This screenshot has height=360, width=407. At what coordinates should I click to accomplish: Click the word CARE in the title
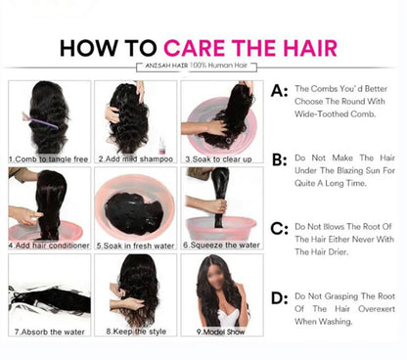click(195, 48)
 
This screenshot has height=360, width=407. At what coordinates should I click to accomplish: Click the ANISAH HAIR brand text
click(166, 66)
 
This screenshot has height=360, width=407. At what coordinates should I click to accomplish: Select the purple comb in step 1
click(40, 120)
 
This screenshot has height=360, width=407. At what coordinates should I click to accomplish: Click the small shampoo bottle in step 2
click(161, 146)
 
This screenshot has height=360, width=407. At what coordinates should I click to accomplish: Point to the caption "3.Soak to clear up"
click(218, 159)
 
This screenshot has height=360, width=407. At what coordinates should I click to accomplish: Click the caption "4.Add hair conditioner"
click(49, 246)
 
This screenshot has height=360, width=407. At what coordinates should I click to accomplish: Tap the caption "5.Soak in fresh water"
click(135, 246)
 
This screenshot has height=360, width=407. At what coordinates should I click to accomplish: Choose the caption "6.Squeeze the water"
click(221, 246)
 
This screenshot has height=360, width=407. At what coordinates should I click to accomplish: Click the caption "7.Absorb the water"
click(50, 332)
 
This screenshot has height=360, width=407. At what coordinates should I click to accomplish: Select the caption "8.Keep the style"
click(136, 332)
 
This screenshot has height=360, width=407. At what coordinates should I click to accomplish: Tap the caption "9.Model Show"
click(220, 332)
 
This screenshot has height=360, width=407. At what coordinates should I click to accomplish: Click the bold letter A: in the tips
click(279, 91)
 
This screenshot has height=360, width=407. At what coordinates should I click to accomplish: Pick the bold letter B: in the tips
click(280, 159)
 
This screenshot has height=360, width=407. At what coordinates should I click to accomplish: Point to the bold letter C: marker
click(280, 229)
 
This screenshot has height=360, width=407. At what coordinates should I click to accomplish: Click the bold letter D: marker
click(280, 298)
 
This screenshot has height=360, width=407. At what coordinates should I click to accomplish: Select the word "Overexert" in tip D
click(377, 309)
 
